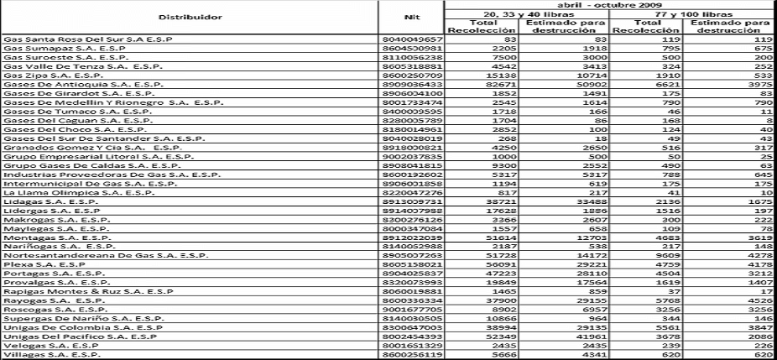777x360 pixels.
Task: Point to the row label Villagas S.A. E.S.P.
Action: click(x=47, y=355)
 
